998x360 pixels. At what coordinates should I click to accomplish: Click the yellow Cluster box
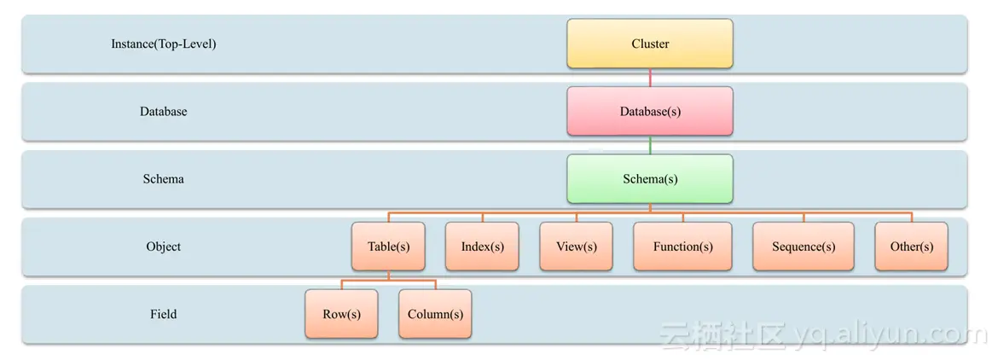click(x=650, y=44)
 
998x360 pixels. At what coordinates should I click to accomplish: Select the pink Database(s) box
click(x=650, y=111)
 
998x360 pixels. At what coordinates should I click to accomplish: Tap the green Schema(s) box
click(x=650, y=178)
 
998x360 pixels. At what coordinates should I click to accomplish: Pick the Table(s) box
click(x=389, y=247)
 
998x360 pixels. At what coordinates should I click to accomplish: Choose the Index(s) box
click(x=482, y=247)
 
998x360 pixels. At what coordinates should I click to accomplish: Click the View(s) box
click(x=576, y=247)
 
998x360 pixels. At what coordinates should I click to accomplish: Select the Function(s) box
click(x=682, y=247)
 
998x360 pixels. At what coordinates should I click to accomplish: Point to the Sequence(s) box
click(x=803, y=247)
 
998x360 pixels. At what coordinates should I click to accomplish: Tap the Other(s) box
click(x=911, y=247)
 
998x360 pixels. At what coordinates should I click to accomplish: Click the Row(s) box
click(x=341, y=314)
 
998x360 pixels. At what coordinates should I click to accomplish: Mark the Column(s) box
click(x=435, y=314)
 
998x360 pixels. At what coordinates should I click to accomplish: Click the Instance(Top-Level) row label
click(x=164, y=44)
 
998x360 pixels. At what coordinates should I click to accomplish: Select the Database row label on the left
click(x=164, y=111)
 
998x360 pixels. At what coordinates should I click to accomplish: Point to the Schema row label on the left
click(x=164, y=179)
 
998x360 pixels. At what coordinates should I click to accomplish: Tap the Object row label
click(x=164, y=247)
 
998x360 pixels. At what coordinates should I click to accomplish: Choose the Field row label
click(x=164, y=314)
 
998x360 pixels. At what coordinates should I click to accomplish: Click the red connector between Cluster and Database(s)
click(x=650, y=77)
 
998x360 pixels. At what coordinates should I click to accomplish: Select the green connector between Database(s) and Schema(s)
click(x=650, y=144)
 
